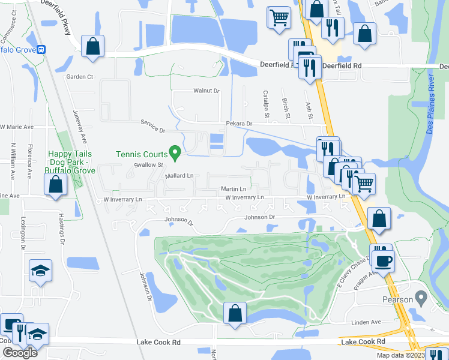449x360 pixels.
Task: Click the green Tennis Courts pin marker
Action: (175, 154)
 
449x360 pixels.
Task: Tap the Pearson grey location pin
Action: (421, 297)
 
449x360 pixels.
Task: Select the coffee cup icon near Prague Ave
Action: (384, 260)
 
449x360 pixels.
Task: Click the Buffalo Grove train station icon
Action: (41, 50)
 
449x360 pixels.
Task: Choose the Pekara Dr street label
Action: (239, 124)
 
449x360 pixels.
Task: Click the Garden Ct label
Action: (80, 77)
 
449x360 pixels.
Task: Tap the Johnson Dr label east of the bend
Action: (263, 217)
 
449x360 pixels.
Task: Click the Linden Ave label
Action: (367, 322)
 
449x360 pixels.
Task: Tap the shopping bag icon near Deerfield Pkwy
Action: (92, 46)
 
